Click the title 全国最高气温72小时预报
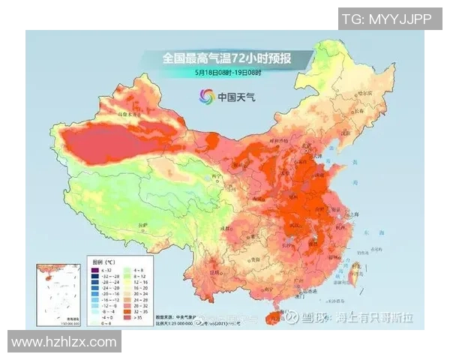click(x=227, y=58)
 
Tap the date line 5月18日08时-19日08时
click(x=227, y=73)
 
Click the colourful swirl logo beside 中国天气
click(x=206, y=97)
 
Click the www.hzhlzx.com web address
click(x=64, y=342)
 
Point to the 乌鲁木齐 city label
click(x=129, y=115)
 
